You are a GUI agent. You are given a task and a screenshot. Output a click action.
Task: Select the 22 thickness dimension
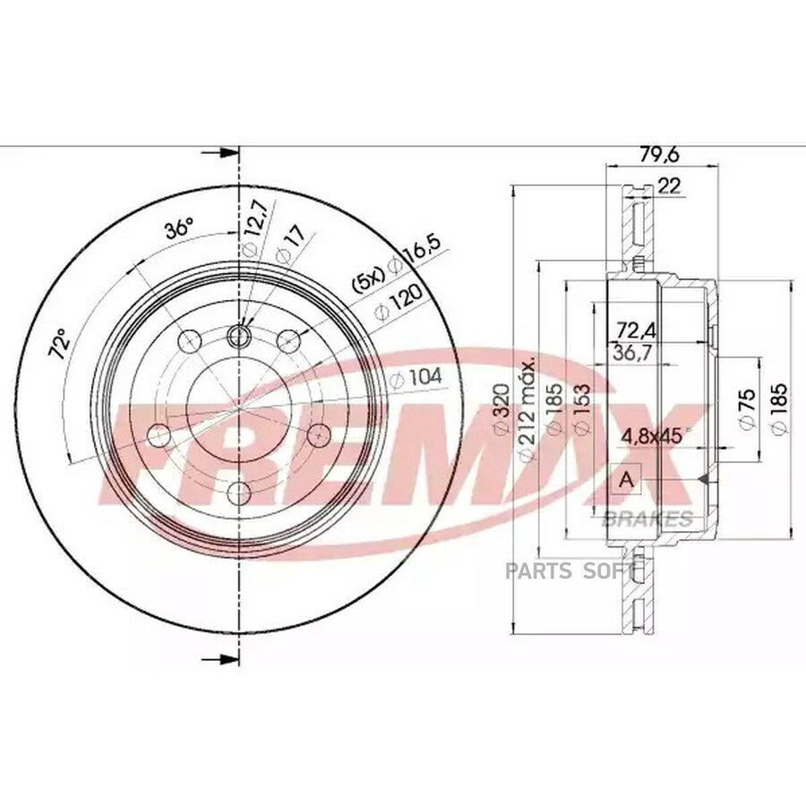(x=669, y=185)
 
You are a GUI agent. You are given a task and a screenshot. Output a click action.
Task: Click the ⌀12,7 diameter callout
(x=254, y=227)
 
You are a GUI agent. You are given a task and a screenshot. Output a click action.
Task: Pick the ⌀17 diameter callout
(x=291, y=243)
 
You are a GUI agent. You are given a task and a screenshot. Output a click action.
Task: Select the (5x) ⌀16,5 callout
(x=396, y=266)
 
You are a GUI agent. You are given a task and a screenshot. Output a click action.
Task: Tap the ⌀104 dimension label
(x=416, y=378)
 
